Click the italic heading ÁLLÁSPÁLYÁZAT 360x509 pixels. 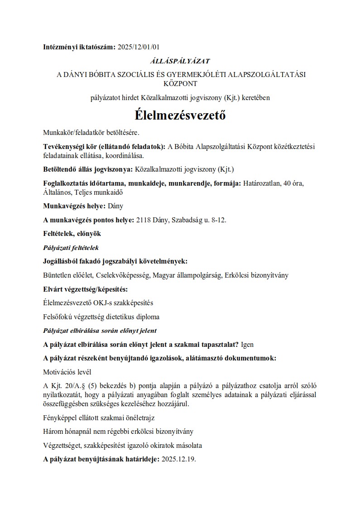[x=180, y=60]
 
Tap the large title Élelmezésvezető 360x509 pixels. [x=180, y=115]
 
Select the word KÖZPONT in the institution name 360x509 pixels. [x=180, y=83]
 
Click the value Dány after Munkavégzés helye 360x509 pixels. [x=115, y=206]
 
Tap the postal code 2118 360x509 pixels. [x=143, y=220]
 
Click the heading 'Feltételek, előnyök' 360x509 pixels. [x=72, y=234]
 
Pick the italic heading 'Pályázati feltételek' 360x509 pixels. [x=71, y=248]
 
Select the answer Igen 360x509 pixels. [x=248, y=344]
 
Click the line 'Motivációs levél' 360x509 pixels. [x=67, y=372]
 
